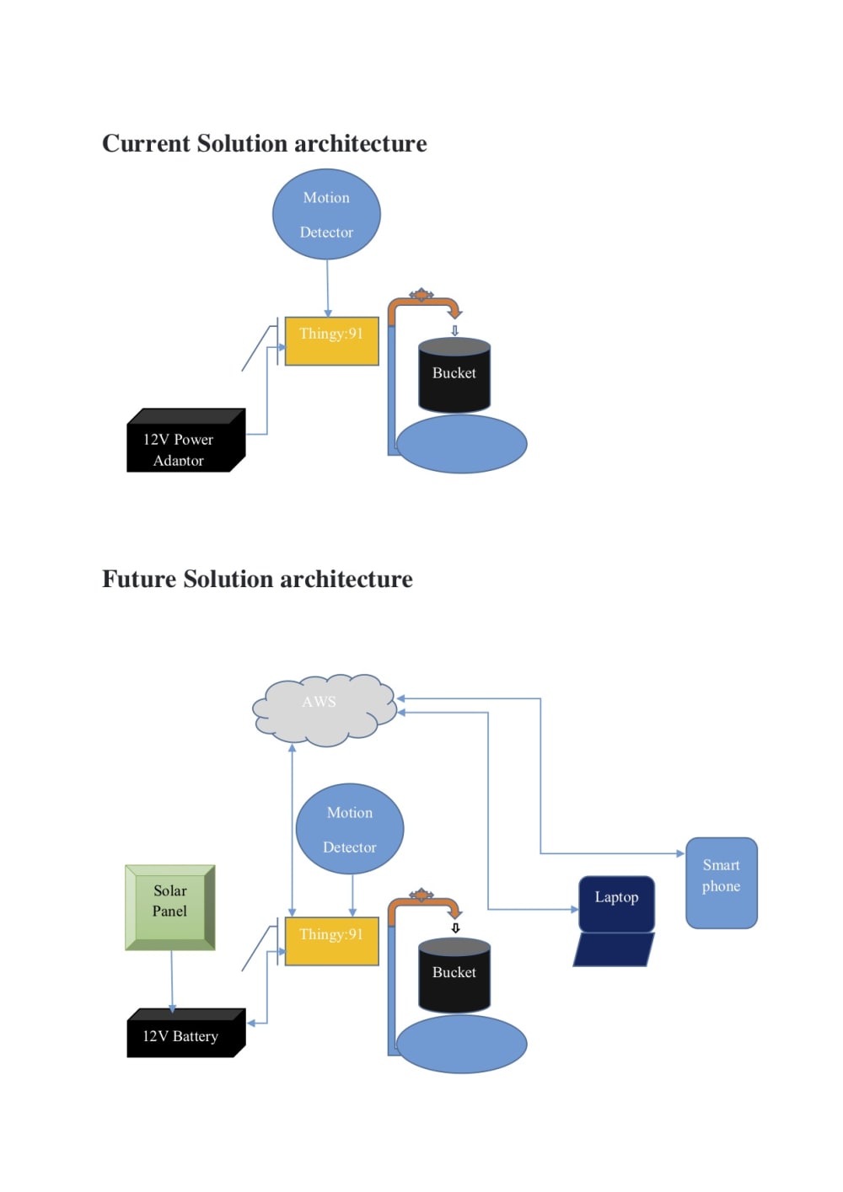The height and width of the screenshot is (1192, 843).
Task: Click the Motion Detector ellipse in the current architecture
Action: pos(326,214)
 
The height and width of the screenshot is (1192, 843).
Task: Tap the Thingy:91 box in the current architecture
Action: pos(331,341)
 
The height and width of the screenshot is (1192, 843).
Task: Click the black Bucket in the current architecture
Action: pos(454,376)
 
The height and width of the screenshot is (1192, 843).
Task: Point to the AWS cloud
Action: pos(325,710)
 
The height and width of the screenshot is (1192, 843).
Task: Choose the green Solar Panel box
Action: pos(170,906)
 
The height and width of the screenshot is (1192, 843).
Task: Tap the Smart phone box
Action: pos(722,883)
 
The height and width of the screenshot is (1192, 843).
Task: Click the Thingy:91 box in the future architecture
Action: pos(331,942)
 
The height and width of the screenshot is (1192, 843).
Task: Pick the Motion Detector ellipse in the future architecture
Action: pos(350,829)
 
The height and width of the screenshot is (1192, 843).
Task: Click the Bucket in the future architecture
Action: pos(454,976)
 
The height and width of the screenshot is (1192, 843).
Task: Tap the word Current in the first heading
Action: pos(146,144)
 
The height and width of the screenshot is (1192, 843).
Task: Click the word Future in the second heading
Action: pos(139,580)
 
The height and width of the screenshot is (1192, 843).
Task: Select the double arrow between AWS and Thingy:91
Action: pos(293,830)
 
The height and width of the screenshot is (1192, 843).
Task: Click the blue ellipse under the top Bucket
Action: pos(461,444)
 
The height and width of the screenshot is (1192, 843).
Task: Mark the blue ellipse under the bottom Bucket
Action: pos(461,1044)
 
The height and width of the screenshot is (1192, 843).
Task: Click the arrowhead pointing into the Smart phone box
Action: pos(680,853)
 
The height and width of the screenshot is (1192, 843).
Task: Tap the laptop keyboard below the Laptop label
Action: pos(614,950)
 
